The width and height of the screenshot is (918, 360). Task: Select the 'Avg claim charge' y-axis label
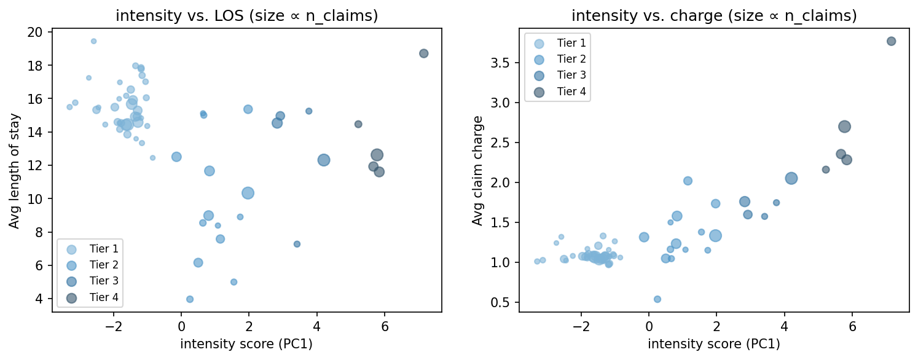click(x=477, y=170)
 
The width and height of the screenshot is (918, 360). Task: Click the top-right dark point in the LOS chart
click(x=423, y=53)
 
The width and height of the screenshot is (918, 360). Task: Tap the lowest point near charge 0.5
click(x=657, y=299)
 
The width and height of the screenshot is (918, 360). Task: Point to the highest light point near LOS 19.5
click(x=93, y=41)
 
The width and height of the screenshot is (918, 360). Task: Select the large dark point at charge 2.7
click(x=844, y=127)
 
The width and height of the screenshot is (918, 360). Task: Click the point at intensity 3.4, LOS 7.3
click(x=297, y=244)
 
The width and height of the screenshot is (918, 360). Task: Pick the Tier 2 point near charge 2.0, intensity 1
click(x=688, y=181)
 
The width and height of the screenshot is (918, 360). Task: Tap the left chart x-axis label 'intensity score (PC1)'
click(x=246, y=344)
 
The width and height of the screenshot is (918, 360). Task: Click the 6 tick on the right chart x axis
click(x=852, y=326)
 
